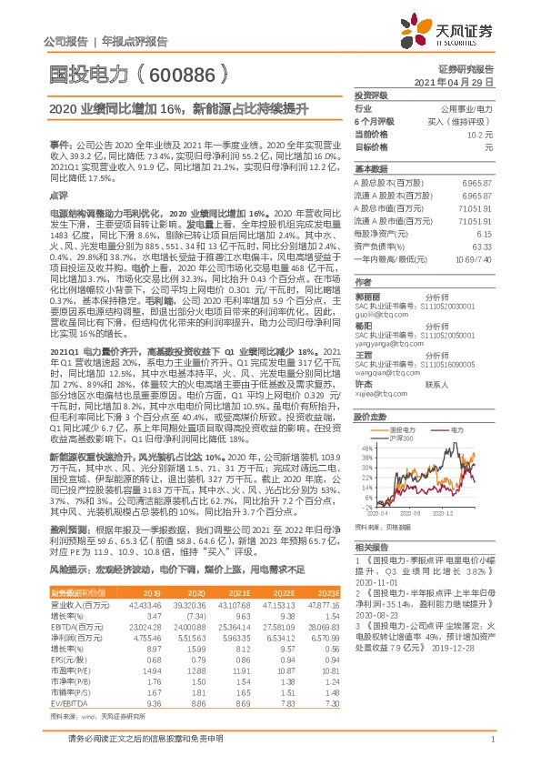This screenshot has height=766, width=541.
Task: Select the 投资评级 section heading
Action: tap(371, 95)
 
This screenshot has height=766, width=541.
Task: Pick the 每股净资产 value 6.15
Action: tap(485, 233)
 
